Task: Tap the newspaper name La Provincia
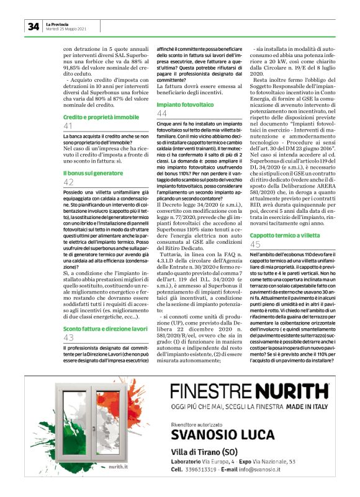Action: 58,23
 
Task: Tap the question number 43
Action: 69,338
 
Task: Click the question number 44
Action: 162,114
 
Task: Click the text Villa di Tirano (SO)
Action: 207,449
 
